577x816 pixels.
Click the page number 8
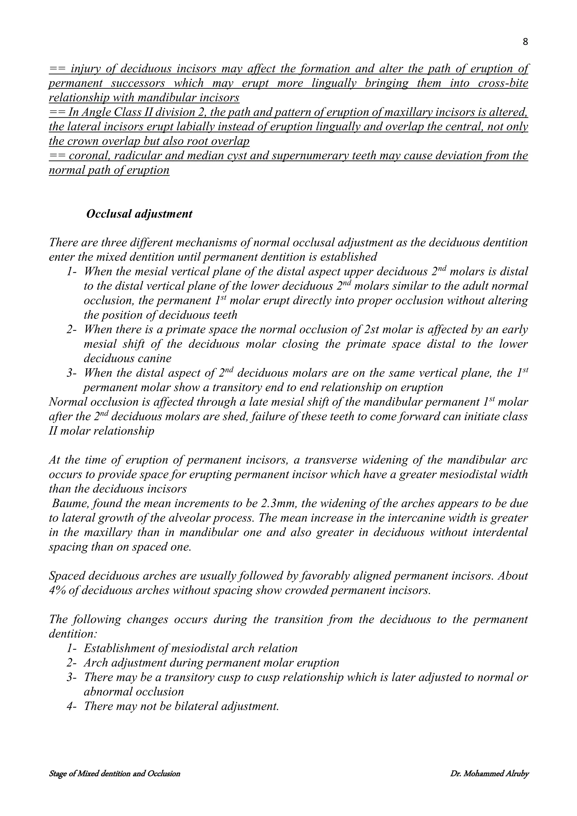(x=525, y=42)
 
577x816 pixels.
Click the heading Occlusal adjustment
(x=139, y=214)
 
